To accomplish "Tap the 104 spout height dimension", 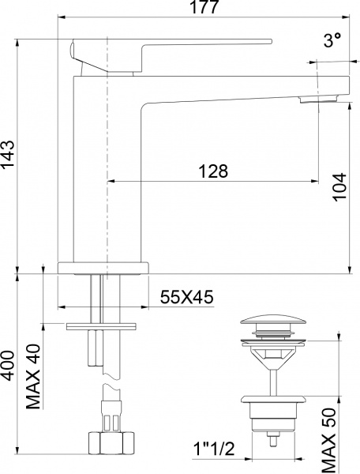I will pos(339,188).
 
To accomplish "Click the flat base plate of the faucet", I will pos(103,267).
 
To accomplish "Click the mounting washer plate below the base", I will pos(100,325).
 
